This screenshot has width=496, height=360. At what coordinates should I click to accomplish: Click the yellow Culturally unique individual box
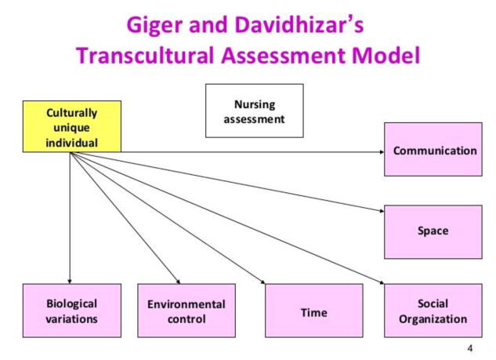[71, 125]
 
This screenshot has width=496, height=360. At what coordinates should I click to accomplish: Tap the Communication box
[433, 150]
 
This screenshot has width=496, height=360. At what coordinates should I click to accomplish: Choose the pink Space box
[433, 231]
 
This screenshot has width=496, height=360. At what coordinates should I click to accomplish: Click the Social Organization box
[433, 311]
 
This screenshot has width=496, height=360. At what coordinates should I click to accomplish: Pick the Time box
[313, 311]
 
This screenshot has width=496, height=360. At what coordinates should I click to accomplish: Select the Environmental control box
[186, 311]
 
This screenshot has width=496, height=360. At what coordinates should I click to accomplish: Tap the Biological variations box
[71, 311]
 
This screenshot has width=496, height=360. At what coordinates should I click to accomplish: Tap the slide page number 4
[470, 347]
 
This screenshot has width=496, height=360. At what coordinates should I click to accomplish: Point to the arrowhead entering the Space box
[380, 211]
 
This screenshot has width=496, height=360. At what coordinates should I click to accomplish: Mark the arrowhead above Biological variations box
[70, 279]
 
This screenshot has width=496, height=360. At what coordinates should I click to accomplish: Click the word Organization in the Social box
[433, 319]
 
